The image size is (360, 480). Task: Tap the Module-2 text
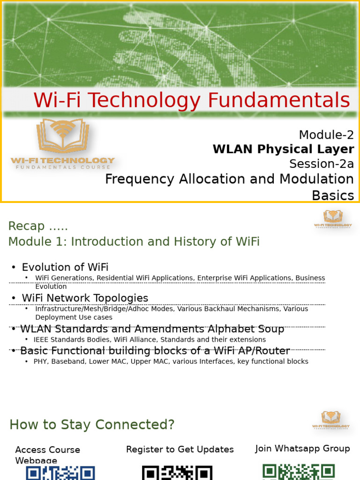(x=326, y=135)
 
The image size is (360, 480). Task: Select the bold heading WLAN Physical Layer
(x=283, y=149)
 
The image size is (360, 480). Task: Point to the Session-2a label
(x=321, y=164)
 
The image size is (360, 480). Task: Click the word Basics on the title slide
(x=333, y=195)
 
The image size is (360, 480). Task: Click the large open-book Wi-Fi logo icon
(x=63, y=136)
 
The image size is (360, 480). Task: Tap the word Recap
(x=27, y=226)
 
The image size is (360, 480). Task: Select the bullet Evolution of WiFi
(x=65, y=267)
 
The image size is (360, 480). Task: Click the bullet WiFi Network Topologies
(x=85, y=298)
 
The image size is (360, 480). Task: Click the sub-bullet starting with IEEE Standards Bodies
(x=150, y=339)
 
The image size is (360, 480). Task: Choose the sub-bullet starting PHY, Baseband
(x=171, y=361)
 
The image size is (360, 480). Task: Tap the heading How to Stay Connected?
(x=92, y=425)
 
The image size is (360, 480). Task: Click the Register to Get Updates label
(x=180, y=450)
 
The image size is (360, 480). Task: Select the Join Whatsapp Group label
(x=302, y=449)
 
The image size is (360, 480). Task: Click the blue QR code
(x=60, y=472)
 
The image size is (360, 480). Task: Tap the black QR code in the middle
(x=177, y=472)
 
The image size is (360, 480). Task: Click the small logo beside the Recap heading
(x=332, y=219)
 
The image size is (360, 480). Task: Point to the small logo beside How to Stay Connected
(x=331, y=420)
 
